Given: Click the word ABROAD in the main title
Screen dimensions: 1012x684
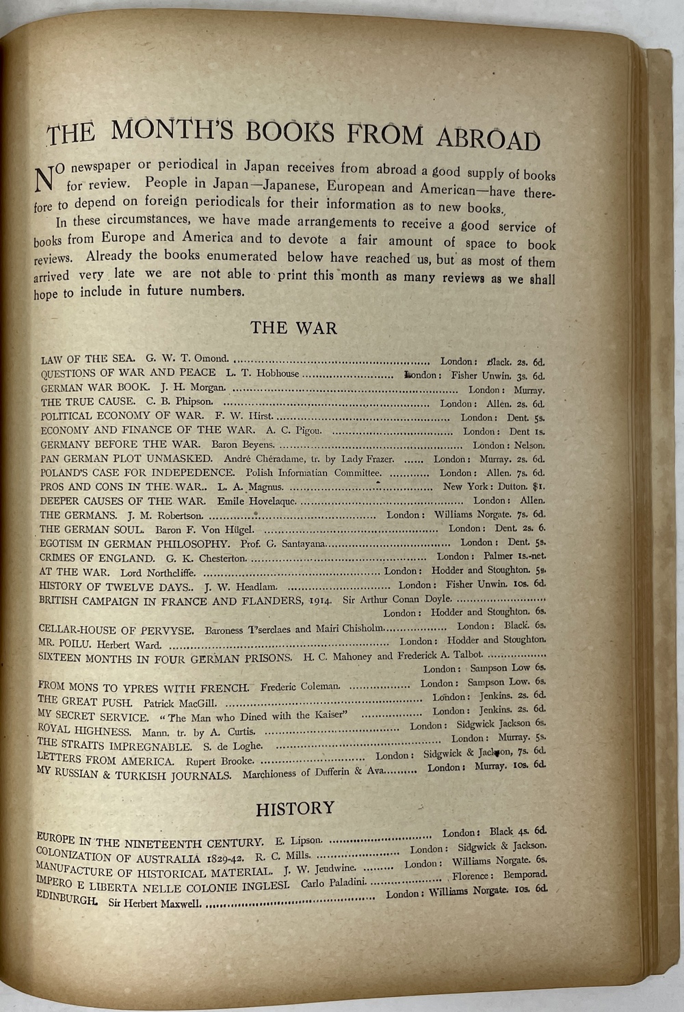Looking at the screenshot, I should coord(488,138).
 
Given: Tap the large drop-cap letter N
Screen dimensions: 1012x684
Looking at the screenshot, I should coord(44,178).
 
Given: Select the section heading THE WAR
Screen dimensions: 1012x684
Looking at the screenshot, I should coord(293,328).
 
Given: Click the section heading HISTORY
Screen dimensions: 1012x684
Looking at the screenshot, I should coord(295,809).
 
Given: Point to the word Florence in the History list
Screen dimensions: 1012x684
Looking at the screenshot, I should coord(471,876).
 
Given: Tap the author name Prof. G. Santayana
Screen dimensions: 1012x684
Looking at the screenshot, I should coord(286,544).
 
